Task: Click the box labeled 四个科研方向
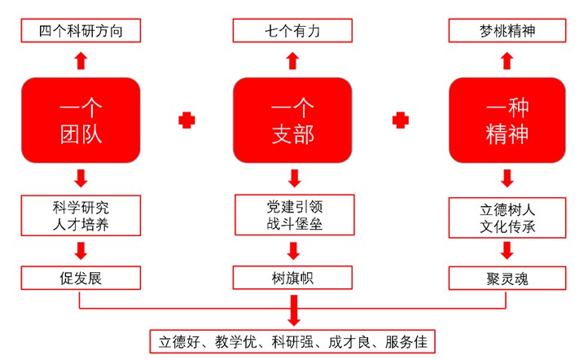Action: pos(79,31)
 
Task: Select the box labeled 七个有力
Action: pos(294,31)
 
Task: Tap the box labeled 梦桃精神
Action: pos(507,31)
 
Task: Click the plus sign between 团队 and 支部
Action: pos(186,121)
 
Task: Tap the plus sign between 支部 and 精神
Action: pos(400,121)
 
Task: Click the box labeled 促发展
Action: pos(79,278)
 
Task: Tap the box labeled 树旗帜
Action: pos(294,278)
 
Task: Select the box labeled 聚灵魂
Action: pos(507,278)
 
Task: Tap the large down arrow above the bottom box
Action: pos(294,310)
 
